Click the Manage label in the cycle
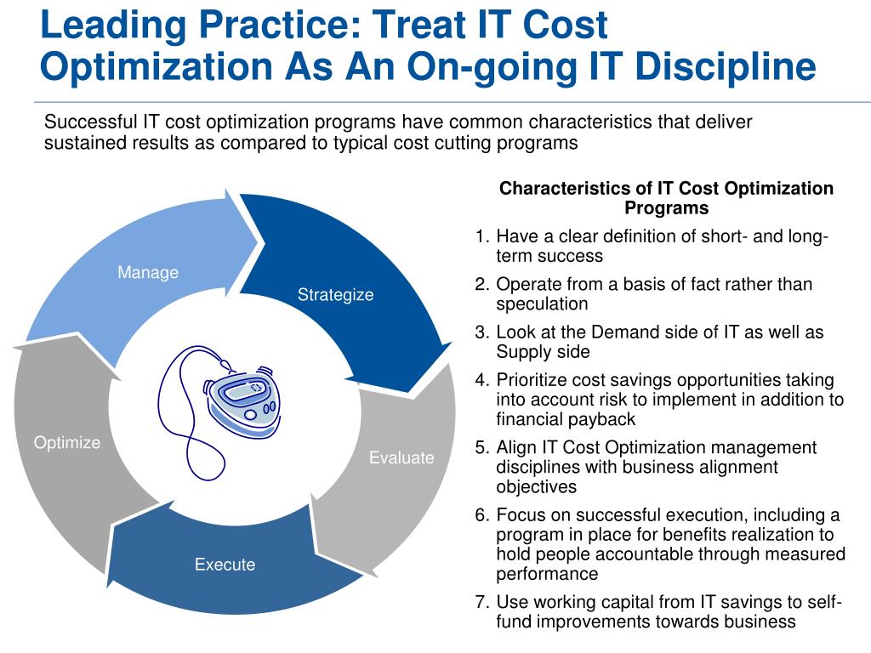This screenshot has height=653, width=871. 148,273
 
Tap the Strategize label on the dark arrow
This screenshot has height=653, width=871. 335,295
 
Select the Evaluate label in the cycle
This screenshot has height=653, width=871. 401,457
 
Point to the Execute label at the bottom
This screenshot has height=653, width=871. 225,565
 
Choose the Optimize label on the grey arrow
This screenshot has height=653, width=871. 67,442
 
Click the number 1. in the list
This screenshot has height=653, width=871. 482,236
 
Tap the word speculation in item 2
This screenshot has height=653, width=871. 542,304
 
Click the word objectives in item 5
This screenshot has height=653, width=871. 537,487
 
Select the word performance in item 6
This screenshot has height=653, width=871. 547,574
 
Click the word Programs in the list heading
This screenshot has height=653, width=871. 667,208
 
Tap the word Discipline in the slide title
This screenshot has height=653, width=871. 726,66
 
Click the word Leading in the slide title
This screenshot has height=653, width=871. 113,26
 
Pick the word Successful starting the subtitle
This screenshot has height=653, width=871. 90,122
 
